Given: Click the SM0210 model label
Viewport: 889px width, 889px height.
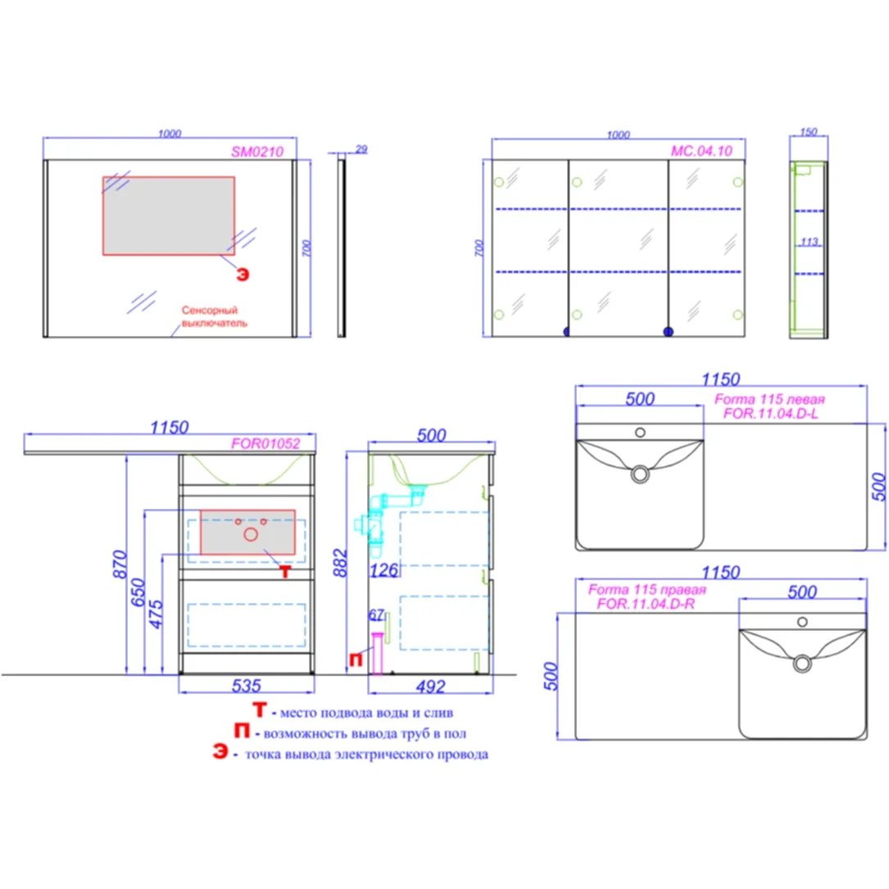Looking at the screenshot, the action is [x=256, y=152].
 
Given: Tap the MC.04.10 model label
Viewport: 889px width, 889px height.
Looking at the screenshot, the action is [x=701, y=151].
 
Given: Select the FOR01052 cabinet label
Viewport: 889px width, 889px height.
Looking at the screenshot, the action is [x=265, y=443].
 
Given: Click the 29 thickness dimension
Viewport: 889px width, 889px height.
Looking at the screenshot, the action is [x=361, y=149].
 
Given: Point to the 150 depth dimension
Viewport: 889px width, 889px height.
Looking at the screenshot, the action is [x=808, y=132].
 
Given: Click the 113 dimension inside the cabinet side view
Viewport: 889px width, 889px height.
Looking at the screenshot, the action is [x=809, y=242].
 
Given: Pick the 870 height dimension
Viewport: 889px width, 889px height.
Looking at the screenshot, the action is [x=120, y=565].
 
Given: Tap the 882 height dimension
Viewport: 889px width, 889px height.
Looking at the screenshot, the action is [x=339, y=562].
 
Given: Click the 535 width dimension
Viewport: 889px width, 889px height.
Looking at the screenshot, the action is [x=246, y=686].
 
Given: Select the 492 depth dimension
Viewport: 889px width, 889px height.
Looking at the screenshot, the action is [x=430, y=687].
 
